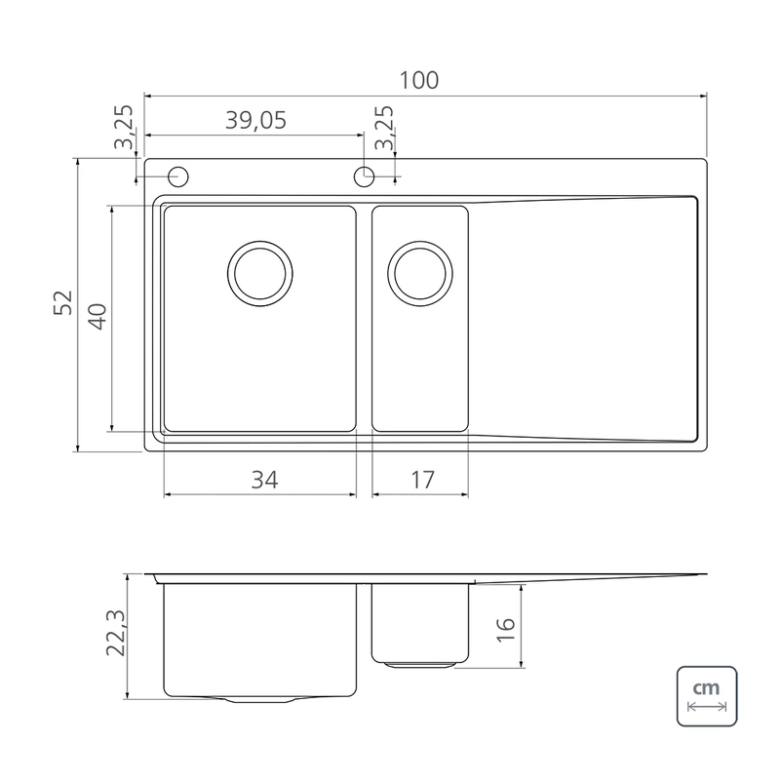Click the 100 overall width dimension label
click(x=419, y=80)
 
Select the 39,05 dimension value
click(x=255, y=120)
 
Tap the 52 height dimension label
click(x=63, y=302)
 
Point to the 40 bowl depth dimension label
click(x=97, y=317)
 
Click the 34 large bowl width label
click(x=264, y=480)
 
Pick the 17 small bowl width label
click(x=423, y=480)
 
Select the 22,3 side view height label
click(x=116, y=633)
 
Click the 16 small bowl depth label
click(x=505, y=630)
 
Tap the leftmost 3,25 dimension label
click(x=124, y=127)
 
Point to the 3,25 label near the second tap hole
click(x=384, y=128)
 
